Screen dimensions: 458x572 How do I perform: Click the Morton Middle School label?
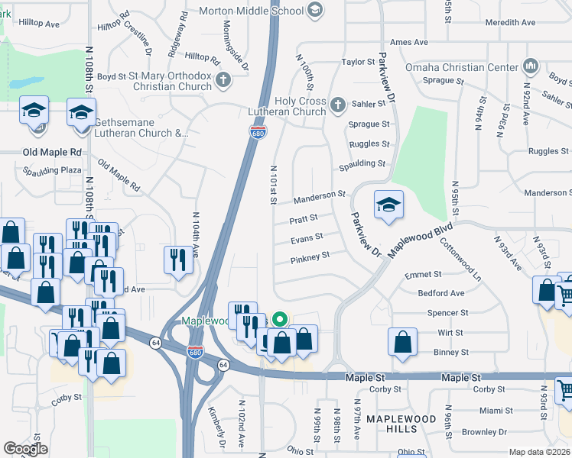251,11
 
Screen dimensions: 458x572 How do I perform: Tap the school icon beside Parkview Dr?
388,205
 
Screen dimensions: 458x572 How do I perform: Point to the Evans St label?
307,238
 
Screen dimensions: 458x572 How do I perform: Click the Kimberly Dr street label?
219,431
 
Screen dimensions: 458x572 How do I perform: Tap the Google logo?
25,449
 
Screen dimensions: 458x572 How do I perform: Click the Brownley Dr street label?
501,431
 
